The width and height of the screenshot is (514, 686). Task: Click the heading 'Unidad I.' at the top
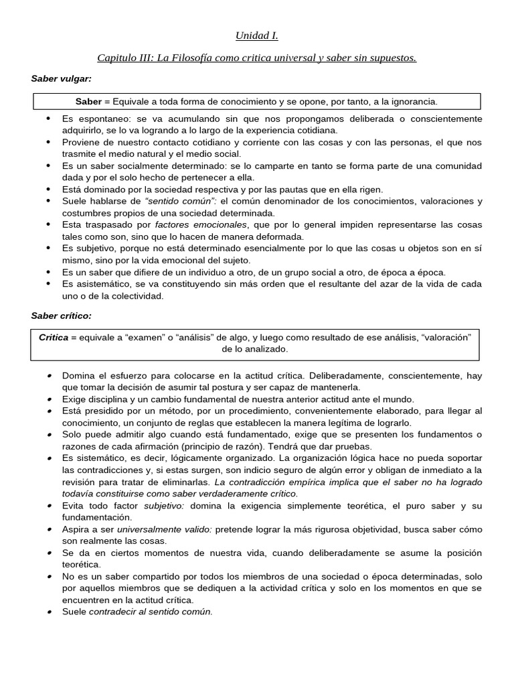pos(256,36)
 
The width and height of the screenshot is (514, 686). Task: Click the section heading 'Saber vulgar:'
pos(61,79)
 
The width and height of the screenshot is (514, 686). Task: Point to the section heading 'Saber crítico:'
pos(61,315)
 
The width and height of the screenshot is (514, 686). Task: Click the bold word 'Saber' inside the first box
pos(88,102)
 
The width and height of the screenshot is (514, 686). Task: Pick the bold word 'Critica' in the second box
pos(54,338)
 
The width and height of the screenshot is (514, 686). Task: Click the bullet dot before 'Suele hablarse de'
pos(49,201)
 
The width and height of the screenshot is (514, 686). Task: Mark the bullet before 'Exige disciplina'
pos(49,399)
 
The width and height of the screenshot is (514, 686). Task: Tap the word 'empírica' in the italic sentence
pos(306,482)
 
